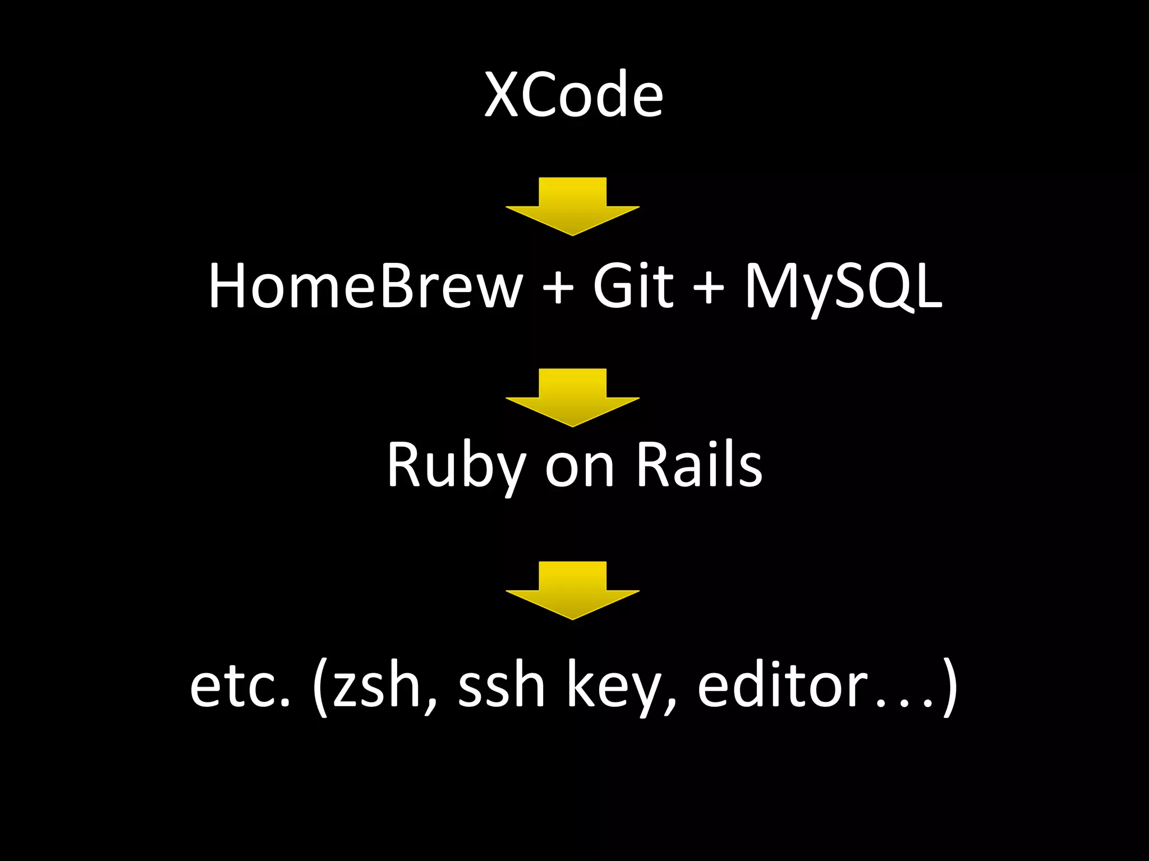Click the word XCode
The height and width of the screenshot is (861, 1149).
pos(573,95)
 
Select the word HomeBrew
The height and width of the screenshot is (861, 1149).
pos(365,286)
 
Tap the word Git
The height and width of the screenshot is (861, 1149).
pos(632,286)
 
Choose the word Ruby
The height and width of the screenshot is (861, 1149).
pos(456,465)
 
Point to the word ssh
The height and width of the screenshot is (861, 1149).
pos(501,686)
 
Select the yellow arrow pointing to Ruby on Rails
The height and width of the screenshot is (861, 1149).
pos(572,397)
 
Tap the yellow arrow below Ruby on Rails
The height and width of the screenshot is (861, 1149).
pos(572,590)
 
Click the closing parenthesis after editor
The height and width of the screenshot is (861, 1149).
pos(948,687)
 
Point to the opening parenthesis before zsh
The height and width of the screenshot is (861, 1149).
pos(320,687)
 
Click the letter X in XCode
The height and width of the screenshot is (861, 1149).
pos(502,95)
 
